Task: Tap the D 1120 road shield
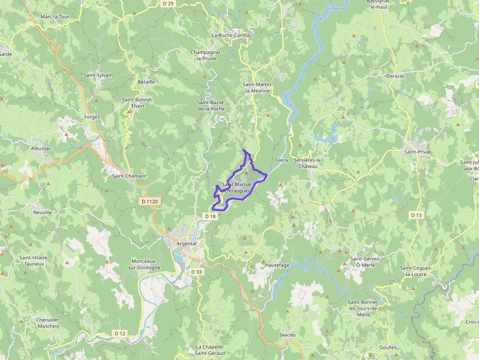pos(150,201)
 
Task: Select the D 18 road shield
pos(210,216)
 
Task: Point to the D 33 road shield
pos(196,272)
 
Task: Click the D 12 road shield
pos(120,333)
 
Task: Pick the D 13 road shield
pos(416,214)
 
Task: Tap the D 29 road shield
pos(168,3)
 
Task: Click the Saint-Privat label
pos(417,152)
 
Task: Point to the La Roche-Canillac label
pos(232,35)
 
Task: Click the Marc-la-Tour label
pos(55,17)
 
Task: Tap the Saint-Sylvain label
pos(98,75)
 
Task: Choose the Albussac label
pos(41,148)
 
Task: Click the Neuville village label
pos(43,212)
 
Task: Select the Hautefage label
pos(278,265)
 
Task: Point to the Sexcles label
pos(287,335)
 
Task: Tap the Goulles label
pos(388,347)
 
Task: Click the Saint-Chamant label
pos(129,176)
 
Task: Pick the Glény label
pos(282,160)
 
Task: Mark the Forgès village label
pos(92,117)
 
